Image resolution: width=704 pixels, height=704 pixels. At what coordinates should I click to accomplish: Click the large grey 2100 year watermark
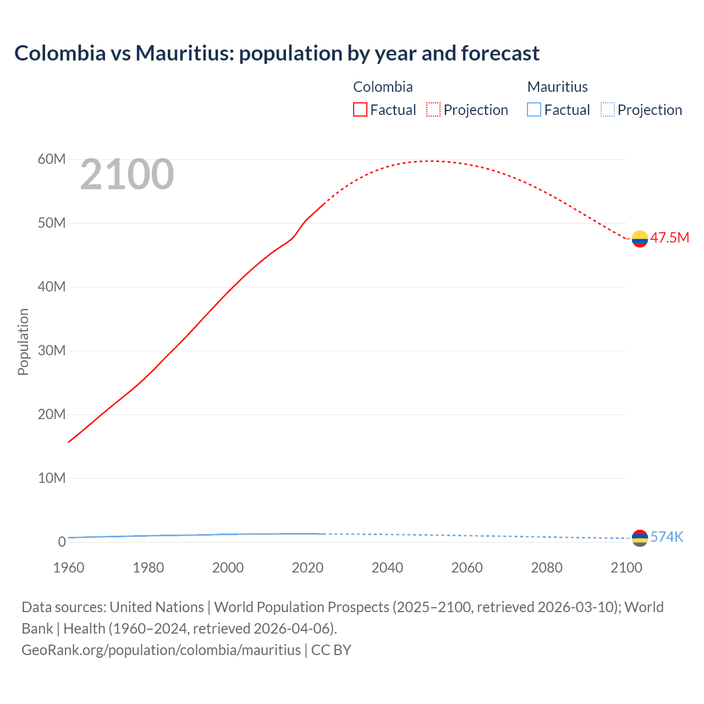(127, 175)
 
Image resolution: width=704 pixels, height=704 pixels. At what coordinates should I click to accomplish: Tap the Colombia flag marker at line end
(640, 239)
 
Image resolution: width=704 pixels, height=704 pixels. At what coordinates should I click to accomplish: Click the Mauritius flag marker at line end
(640, 537)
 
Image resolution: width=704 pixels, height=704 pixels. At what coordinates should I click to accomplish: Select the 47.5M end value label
(669, 238)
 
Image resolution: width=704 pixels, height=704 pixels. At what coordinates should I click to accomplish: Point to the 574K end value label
(667, 537)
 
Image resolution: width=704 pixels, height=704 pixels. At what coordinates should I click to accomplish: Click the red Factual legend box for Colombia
(360, 109)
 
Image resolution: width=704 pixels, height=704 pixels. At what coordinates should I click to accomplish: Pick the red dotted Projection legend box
(433, 109)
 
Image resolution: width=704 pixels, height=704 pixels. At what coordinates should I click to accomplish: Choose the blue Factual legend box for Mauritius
(534, 109)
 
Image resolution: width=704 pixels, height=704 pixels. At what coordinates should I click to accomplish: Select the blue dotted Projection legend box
(607, 109)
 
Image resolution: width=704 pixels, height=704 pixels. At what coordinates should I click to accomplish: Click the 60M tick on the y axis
(52, 159)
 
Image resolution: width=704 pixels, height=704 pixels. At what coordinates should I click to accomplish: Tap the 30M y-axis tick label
(52, 351)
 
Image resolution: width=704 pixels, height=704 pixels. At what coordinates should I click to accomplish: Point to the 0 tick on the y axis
(62, 542)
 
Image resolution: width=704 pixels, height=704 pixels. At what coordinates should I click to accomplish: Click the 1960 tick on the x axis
(69, 568)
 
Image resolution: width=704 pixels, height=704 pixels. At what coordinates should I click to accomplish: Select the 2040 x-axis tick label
(387, 568)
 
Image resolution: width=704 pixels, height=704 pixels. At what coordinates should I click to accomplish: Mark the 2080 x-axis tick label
(547, 568)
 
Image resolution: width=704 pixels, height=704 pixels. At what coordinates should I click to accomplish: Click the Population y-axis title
(23, 342)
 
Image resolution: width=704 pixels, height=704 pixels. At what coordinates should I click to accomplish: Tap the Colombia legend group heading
(383, 87)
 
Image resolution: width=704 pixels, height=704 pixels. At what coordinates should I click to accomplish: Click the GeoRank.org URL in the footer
(161, 650)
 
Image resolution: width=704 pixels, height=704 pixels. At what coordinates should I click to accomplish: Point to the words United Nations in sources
(157, 607)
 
